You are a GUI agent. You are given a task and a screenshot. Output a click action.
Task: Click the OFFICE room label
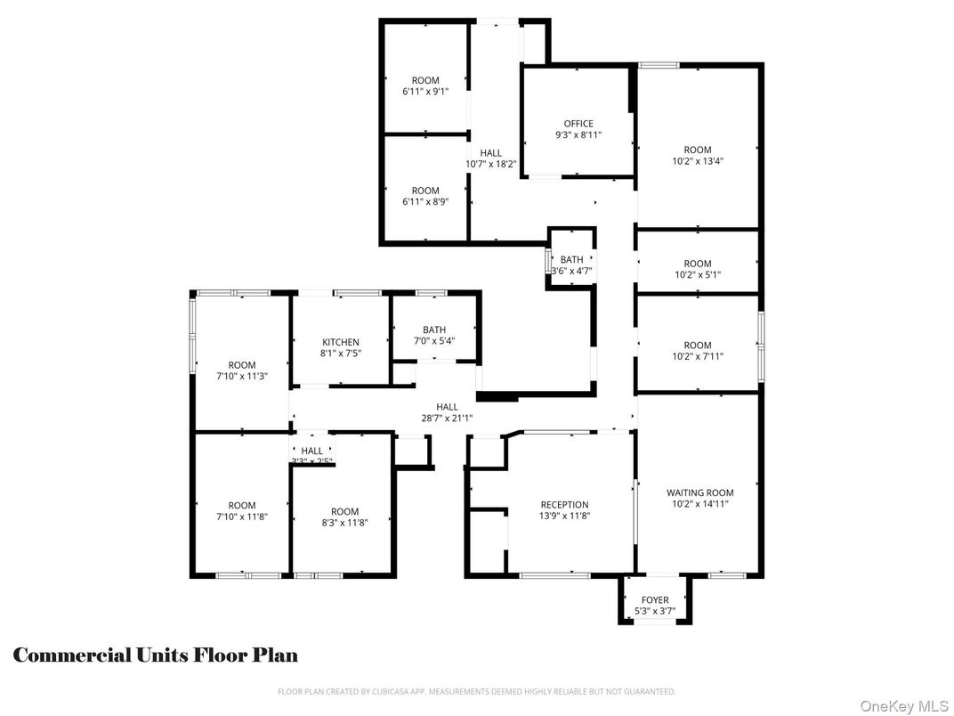coord(578,124)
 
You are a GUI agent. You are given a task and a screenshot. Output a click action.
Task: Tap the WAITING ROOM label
coord(699,492)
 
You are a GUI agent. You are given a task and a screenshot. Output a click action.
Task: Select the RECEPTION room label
coord(564,505)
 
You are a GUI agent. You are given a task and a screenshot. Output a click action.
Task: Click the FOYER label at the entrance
coord(655,600)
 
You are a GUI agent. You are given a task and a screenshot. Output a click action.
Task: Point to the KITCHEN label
coord(341,342)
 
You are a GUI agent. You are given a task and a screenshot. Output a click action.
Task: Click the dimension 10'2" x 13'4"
coord(698,162)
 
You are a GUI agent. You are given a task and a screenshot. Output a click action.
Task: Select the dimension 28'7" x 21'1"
coord(447,419)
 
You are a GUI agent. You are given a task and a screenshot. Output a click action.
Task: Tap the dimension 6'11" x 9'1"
coord(425,92)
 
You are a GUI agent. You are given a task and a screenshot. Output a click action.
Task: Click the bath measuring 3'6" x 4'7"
coord(571,264)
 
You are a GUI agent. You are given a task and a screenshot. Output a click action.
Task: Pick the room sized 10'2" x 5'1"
coord(698,269)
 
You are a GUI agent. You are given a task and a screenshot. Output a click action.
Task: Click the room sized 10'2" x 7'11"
coord(698,351)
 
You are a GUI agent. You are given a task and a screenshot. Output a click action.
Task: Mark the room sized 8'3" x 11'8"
coord(344,517)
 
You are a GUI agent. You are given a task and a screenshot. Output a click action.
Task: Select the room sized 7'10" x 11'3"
coord(242,370)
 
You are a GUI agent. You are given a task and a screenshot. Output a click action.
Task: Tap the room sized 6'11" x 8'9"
coord(425,196)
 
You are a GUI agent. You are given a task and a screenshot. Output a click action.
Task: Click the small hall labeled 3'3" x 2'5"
coord(311,455)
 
